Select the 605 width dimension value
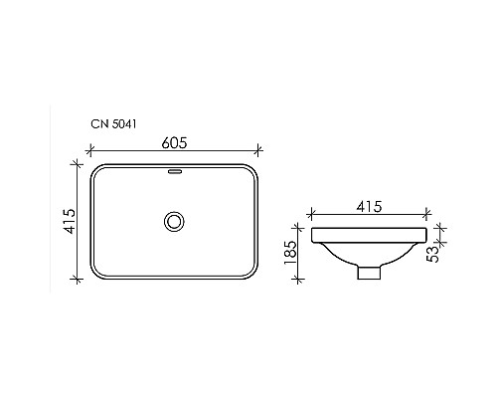point(175,142)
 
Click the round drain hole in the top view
point(175,220)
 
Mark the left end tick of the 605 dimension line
point(90,152)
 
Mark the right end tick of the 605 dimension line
point(259,152)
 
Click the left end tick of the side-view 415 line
point(311,214)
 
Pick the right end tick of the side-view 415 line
point(428,214)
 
